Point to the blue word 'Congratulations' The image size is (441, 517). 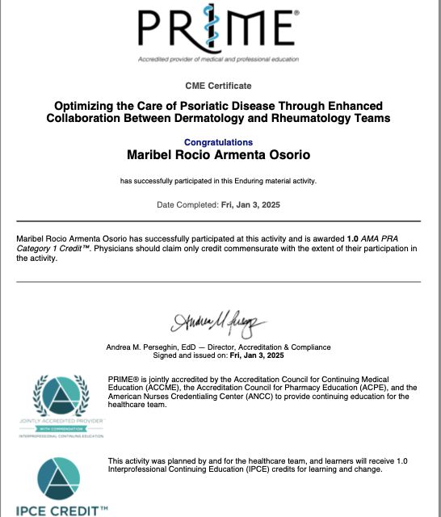click(219, 142)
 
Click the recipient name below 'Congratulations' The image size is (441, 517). click(219, 154)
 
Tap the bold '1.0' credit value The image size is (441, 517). click(352, 240)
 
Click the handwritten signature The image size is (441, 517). click(217, 324)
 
